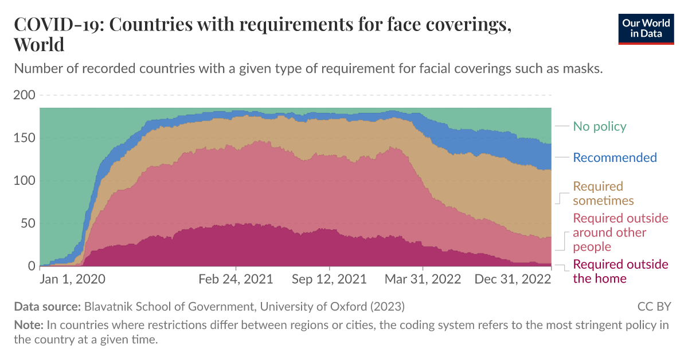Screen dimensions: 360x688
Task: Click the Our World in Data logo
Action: pyautogui.click(x=646, y=28)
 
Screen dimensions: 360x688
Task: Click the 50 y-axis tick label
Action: pyautogui.click(x=27, y=223)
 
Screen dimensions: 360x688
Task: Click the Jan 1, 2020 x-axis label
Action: pyautogui.click(x=73, y=280)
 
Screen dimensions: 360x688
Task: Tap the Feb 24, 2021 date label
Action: pyautogui.click(x=236, y=280)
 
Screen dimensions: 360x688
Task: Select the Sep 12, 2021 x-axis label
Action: pyautogui.click(x=329, y=280)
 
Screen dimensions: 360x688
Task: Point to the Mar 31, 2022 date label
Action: pyautogui.click(x=423, y=280)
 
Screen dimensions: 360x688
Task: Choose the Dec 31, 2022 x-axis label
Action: pyautogui.click(x=513, y=280)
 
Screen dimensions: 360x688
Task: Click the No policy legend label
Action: pyautogui.click(x=600, y=126)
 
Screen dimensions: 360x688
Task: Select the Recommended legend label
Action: pyautogui.click(x=615, y=157)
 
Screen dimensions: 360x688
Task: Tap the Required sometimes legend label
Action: pyautogui.click(x=603, y=193)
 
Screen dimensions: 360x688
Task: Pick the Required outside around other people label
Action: pyautogui.click(x=620, y=233)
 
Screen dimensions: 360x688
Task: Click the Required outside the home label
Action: pyautogui.click(x=620, y=272)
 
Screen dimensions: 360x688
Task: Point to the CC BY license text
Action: pyautogui.click(x=654, y=306)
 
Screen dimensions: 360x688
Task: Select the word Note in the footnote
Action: pyautogui.click(x=29, y=325)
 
